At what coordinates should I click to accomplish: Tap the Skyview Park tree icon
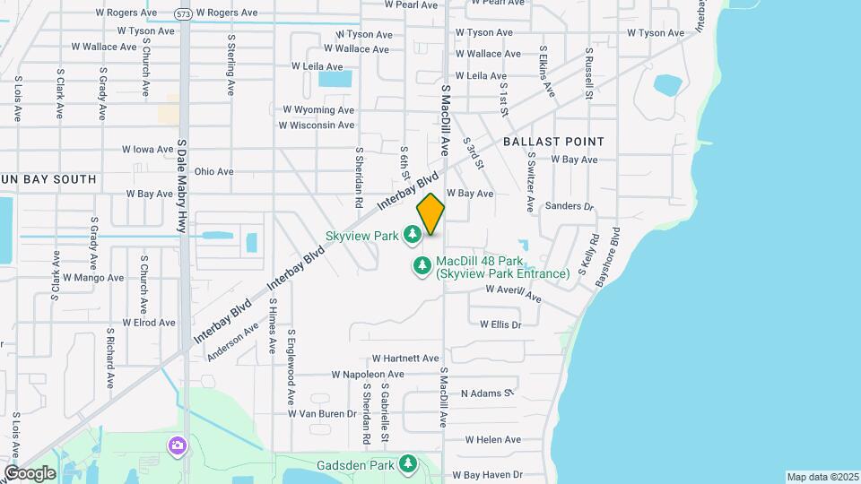412,235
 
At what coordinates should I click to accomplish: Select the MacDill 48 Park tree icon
422,266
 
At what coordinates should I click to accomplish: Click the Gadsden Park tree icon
408,464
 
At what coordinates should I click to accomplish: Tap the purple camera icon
178,445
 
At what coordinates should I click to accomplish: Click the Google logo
29,473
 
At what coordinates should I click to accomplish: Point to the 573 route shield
183,13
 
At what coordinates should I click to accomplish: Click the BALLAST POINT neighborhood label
553,142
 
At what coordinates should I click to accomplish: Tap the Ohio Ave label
213,171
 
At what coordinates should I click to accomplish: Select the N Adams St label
486,393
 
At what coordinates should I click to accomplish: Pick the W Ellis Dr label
500,324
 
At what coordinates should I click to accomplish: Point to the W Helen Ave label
493,440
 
